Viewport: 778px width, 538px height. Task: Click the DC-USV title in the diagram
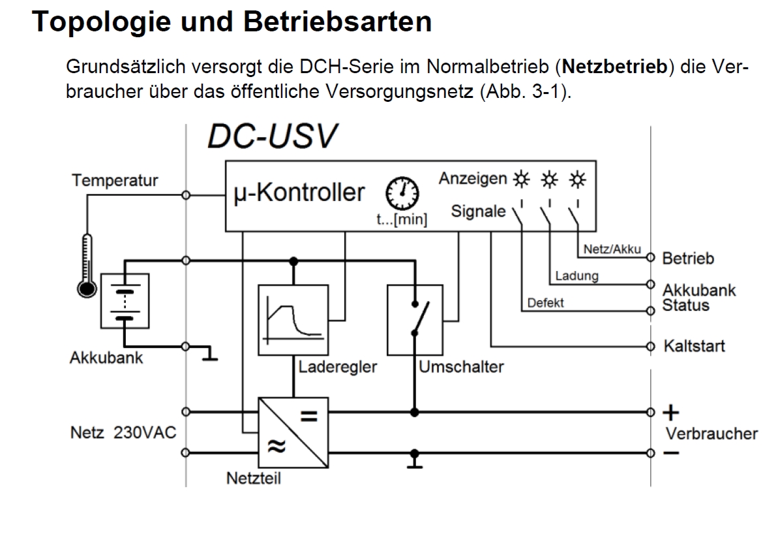[x=273, y=135]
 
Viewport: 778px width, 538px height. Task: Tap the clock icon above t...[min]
[x=402, y=192]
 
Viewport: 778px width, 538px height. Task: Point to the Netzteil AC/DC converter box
[x=293, y=432]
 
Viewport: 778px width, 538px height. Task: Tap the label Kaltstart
[x=694, y=345]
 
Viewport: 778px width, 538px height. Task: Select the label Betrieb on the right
[x=688, y=259]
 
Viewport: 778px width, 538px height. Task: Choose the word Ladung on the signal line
[x=576, y=276]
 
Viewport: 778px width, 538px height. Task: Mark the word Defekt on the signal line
[x=546, y=302]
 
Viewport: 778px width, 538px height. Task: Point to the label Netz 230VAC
[x=123, y=433]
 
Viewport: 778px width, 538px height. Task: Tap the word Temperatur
[x=115, y=180]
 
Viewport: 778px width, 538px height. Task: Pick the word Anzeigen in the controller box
[x=473, y=178]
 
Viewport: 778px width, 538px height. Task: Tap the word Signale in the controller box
[x=478, y=212]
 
